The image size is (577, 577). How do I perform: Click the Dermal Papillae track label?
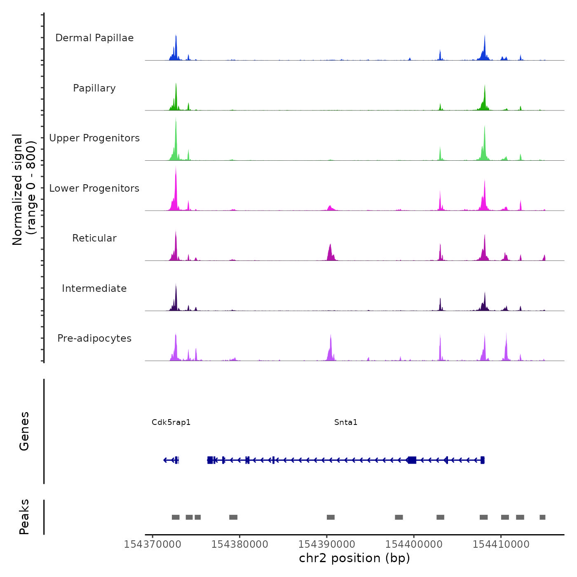[x=94, y=38]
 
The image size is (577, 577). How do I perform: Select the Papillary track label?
[x=94, y=88]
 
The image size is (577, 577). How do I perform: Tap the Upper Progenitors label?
[x=94, y=138]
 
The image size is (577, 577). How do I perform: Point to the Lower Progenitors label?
[x=94, y=188]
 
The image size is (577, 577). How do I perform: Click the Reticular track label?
[x=94, y=238]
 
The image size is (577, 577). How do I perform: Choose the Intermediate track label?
[x=94, y=288]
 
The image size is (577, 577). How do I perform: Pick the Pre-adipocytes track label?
[x=94, y=338]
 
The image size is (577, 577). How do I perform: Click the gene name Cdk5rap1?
[x=171, y=422]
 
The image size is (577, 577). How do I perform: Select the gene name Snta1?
[x=346, y=422]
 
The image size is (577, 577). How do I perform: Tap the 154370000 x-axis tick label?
[x=152, y=544]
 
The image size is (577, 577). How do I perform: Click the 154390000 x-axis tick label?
[x=327, y=544]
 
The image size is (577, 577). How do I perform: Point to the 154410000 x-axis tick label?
[x=501, y=544]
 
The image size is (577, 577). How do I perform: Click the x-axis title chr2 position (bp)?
[x=354, y=558]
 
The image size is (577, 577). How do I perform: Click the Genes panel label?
[x=24, y=431]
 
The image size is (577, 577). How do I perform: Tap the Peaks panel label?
[x=24, y=517]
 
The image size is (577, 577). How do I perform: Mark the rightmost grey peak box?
[x=542, y=517]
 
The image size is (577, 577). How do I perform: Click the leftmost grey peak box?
[x=176, y=517]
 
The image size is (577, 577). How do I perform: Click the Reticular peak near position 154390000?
[x=330, y=249]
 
